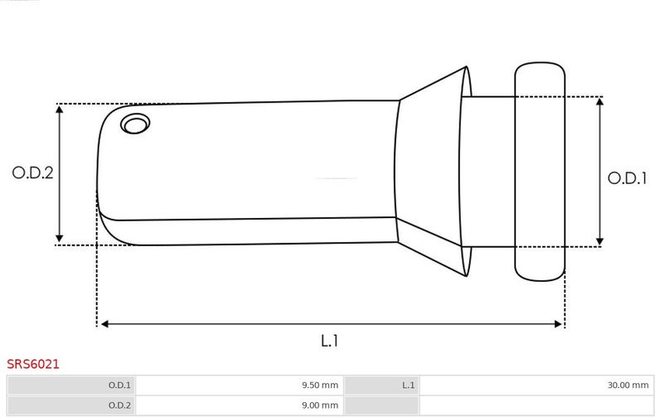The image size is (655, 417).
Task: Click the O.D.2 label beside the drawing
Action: tap(32, 172)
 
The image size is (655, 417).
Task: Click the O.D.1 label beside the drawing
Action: tap(627, 178)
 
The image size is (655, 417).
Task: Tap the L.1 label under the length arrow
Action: tap(330, 341)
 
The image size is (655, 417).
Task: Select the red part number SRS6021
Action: tap(33, 364)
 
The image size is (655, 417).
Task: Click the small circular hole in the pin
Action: tap(135, 124)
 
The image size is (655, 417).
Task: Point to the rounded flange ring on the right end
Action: tap(540, 172)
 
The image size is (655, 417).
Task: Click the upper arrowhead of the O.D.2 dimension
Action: tap(60, 109)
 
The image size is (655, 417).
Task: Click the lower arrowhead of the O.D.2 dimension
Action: tap(60, 238)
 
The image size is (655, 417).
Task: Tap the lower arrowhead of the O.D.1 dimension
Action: tap(599, 241)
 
